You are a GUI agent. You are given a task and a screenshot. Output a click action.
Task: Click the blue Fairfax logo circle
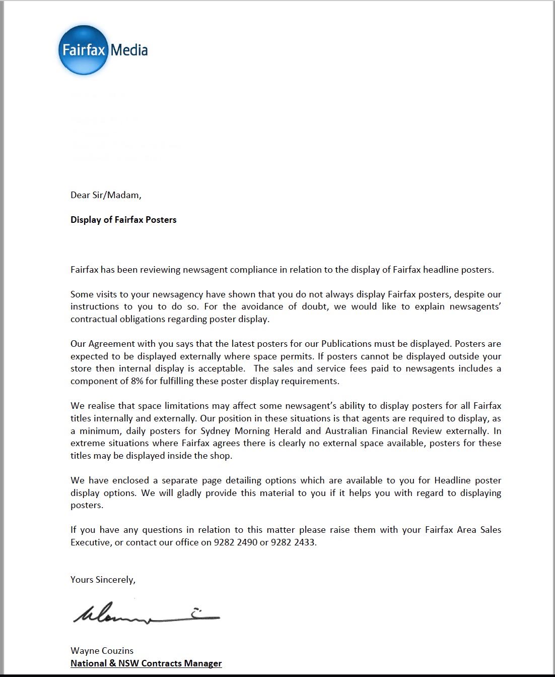click(83, 50)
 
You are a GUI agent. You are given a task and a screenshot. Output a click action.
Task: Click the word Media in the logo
click(129, 50)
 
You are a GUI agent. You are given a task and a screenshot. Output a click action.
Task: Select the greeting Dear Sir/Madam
click(106, 195)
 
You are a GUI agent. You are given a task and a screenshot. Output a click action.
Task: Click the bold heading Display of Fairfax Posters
click(123, 220)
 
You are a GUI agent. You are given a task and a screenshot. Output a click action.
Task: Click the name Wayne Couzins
click(102, 651)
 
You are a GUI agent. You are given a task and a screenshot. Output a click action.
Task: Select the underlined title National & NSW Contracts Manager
click(146, 663)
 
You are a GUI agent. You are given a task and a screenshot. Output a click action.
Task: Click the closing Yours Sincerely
click(103, 580)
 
